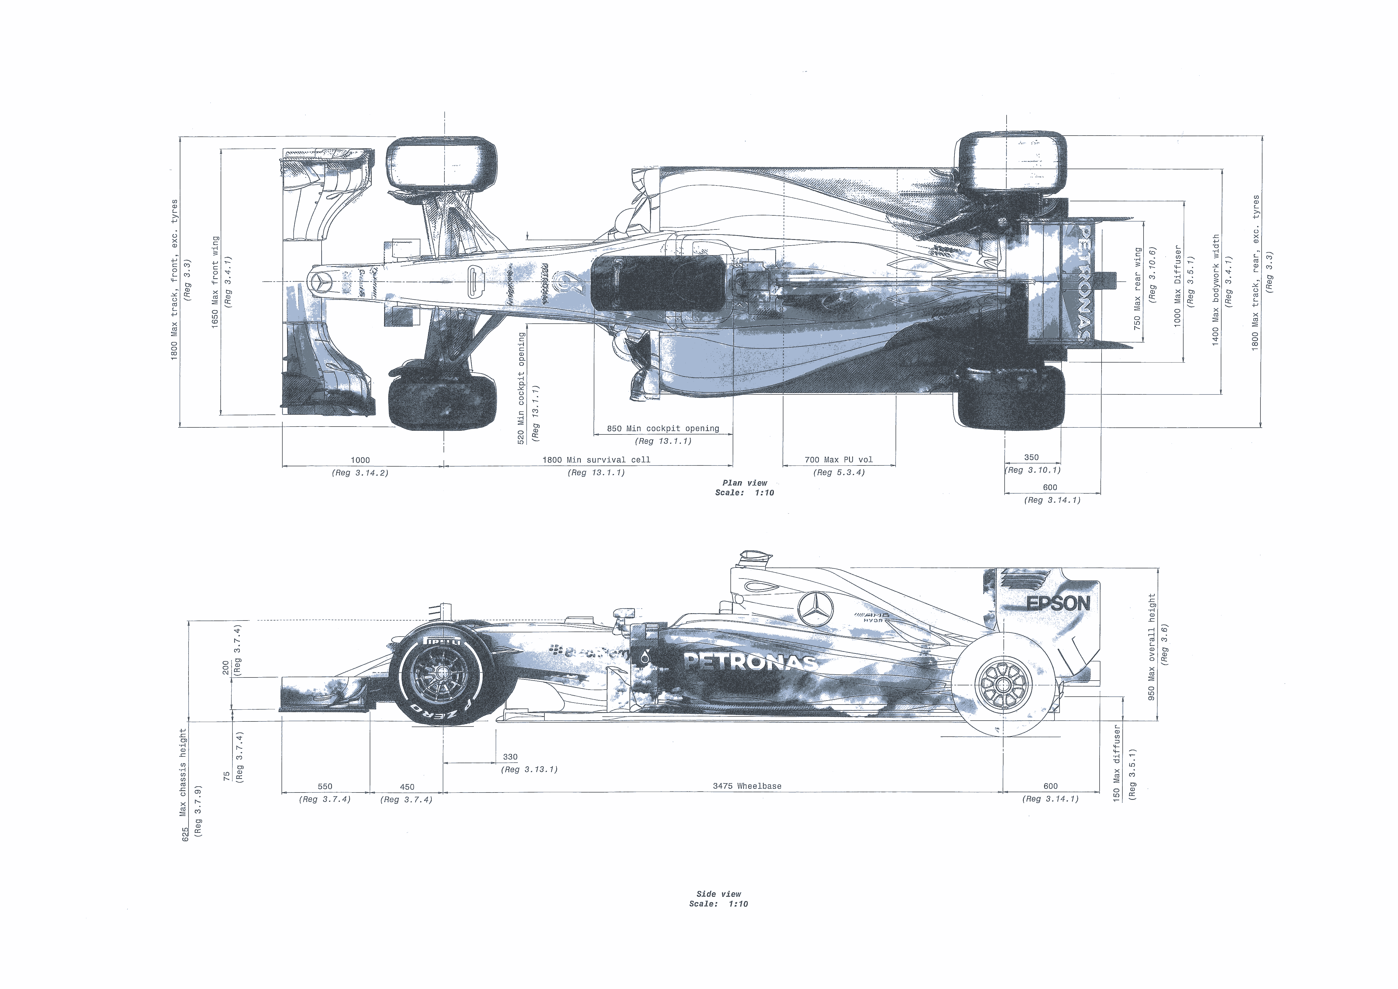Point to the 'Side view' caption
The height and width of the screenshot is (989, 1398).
tap(719, 894)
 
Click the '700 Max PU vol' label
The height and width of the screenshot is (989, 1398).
tap(838, 460)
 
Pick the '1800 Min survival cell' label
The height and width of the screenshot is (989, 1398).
tap(596, 460)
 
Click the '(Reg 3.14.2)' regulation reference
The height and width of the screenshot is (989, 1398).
tap(360, 473)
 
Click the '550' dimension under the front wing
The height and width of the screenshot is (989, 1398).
tap(325, 786)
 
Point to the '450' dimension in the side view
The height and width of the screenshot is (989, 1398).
tap(407, 787)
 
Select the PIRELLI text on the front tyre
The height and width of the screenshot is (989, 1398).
tap(442, 641)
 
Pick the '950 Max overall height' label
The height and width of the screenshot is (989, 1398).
tap(1151, 647)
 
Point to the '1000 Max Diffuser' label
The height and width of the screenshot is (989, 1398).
tap(1177, 286)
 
